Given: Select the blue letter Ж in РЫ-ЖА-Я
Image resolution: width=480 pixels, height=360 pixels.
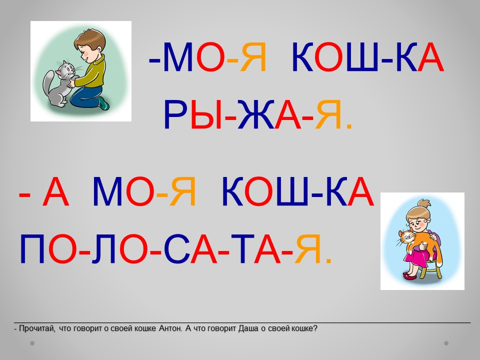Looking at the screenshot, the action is coord(255,114).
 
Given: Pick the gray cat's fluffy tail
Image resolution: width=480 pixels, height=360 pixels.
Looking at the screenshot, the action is coord(48,83).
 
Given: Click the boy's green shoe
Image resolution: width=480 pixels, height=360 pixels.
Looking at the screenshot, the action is coord(103,103).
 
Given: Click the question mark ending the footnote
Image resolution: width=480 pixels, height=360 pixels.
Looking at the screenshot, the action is coord(315,328).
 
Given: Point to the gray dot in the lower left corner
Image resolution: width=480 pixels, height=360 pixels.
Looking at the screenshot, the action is coord(32,343).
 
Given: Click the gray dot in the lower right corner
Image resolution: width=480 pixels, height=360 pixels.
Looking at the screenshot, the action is coord(446,343).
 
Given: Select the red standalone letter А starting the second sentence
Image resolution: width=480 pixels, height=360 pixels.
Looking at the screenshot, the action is coord(55,191).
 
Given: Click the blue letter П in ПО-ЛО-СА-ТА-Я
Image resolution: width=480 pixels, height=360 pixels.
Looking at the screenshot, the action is coord(32,249).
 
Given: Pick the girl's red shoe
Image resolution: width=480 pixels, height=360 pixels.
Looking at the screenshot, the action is coord(409,276).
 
